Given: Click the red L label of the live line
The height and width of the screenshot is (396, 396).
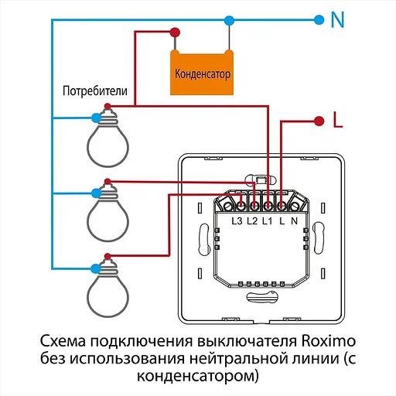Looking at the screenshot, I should (336, 120).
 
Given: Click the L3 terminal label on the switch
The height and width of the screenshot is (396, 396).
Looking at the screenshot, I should (237, 222).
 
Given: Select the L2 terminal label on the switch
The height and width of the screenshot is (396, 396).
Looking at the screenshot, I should (252, 222).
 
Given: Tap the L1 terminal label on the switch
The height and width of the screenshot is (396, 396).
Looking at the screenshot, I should (267, 222).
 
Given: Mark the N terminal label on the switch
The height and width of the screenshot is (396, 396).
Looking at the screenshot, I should (295, 222).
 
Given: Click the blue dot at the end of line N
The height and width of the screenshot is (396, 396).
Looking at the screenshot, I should (317, 19).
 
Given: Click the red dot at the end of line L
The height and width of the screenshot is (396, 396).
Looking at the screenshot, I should (317, 121).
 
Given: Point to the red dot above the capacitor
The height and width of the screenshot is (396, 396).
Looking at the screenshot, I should (178, 32).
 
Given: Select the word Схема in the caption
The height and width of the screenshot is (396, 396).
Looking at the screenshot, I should (61, 343).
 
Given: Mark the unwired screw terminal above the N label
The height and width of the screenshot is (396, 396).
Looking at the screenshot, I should (295, 205).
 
